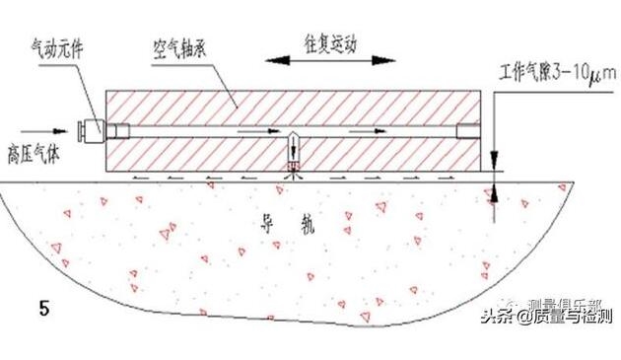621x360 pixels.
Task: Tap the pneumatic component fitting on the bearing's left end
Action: (x=93, y=129)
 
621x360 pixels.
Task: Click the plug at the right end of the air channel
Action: (x=468, y=129)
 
